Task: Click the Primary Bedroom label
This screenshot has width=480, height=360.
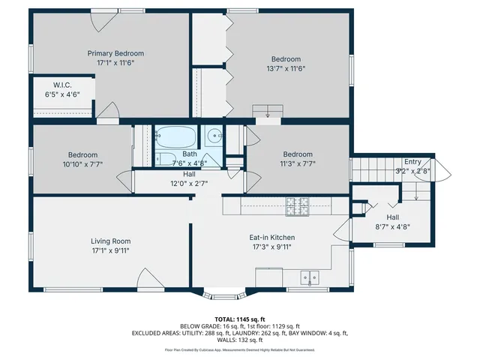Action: pyautogui.click(x=115, y=53)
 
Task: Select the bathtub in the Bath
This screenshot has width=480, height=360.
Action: pyautogui.click(x=176, y=137)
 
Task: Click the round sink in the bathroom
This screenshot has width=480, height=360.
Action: pyautogui.click(x=214, y=136)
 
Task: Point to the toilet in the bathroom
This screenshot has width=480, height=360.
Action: pyautogui.click(x=163, y=158)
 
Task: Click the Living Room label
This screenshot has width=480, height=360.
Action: pyautogui.click(x=111, y=241)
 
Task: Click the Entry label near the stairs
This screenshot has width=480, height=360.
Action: pyautogui.click(x=412, y=161)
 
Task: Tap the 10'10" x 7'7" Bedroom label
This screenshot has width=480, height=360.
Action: pyautogui.click(x=82, y=163)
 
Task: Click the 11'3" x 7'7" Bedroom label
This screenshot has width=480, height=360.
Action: pyautogui.click(x=298, y=163)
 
